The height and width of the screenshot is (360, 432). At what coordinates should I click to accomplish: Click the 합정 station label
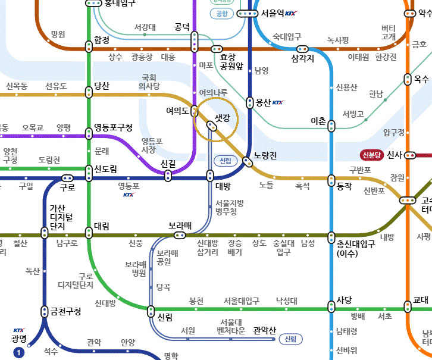click(x=102, y=40)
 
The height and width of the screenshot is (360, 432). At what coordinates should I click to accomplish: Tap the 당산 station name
click(x=102, y=86)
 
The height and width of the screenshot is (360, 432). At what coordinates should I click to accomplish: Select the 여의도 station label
click(x=177, y=110)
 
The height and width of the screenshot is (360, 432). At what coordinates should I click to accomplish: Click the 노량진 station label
click(x=265, y=156)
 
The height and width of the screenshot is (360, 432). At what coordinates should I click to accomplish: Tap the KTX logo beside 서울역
click(x=290, y=14)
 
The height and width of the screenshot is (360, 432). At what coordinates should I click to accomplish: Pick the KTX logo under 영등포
click(x=129, y=195)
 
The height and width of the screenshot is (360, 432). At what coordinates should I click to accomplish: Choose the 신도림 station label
click(x=105, y=170)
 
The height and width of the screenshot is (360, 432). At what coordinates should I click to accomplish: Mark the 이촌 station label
click(x=318, y=121)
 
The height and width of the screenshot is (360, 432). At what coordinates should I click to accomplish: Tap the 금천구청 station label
click(x=65, y=311)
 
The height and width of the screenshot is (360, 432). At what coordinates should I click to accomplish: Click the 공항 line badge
click(x=221, y=13)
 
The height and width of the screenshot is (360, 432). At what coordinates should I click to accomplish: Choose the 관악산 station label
click(x=264, y=330)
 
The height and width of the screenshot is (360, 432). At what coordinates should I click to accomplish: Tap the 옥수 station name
click(x=421, y=79)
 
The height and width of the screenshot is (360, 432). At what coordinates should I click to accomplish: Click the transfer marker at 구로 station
click(x=67, y=179)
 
